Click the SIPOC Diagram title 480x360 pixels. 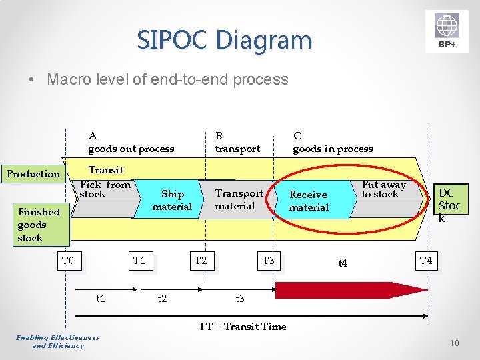tap(224, 40)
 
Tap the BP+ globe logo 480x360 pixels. tap(447, 31)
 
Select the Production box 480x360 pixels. tap(33, 174)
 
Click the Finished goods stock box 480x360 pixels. tap(39, 225)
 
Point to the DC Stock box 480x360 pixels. tap(449, 205)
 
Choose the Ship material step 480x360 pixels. tap(172, 200)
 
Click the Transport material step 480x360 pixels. tap(239, 199)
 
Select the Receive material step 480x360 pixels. tap(308, 201)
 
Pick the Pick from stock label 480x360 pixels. tap(105, 189)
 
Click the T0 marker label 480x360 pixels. tap(68, 261)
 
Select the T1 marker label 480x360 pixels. tap(139, 261)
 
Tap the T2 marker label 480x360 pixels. tap(201, 261)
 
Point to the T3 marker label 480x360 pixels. tap(268, 261)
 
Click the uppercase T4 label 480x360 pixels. tap(426, 261)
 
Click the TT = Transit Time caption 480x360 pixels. tap(242, 326)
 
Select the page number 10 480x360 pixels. tap(454, 343)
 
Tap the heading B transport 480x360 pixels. tap(237, 142)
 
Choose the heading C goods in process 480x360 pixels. tap(333, 142)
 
